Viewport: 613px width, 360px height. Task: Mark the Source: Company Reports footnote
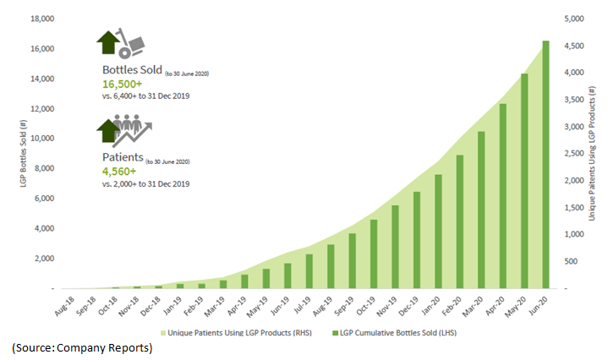click(x=82, y=348)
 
